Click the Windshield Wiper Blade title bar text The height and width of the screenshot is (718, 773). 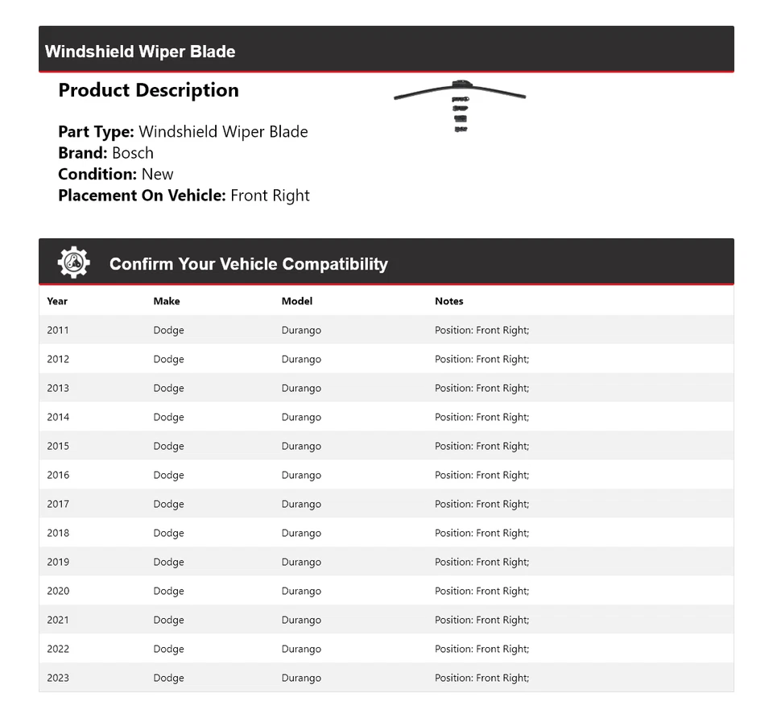(x=140, y=52)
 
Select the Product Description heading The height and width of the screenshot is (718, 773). (x=148, y=90)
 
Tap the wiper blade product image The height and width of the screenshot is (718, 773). (x=460, y=101)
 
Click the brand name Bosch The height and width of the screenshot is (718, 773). (x=133, y=153)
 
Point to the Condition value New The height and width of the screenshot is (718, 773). (x=157, y=174)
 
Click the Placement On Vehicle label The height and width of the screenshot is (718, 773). (x=142, y=196)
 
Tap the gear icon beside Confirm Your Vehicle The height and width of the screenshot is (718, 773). (x=73, y=263)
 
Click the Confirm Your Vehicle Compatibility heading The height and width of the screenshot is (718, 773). (x=248, y=264)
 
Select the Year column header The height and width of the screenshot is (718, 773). (x=57, y=301)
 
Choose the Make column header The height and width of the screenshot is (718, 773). (x=167, y=301)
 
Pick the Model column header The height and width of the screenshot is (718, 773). (x=297, y=301)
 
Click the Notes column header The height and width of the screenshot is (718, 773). (x=449, y=301)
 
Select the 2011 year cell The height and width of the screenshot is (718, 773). (x=58, y=330)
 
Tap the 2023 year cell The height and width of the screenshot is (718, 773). (x=58, y=678)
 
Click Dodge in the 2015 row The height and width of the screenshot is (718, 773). (x=169, y=446)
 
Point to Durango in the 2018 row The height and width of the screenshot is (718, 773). (x=301, y=533)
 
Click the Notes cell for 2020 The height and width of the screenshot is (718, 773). (x=482, y=591)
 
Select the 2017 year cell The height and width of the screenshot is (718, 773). (x=58, y=504)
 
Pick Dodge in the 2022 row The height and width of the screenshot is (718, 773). (x=169, y=649)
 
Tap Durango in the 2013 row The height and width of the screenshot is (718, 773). (x=301, y=388)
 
